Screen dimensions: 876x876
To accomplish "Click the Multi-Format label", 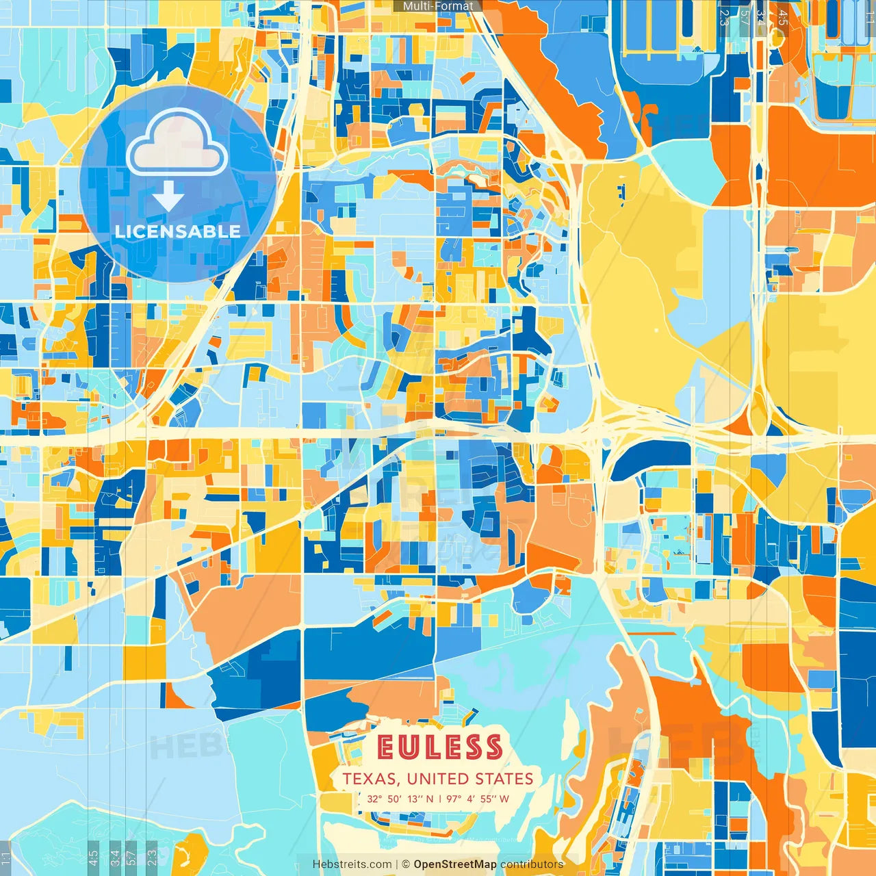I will click(438, 6).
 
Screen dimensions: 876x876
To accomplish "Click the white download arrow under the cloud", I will click(168, 196).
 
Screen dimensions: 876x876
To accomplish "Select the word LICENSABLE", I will click(178, 231).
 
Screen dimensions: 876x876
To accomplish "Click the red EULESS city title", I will click(439, 748).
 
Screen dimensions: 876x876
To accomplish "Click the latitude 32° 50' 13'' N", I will click(400, 799).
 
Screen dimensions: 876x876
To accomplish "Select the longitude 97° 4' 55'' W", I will click(478, 799).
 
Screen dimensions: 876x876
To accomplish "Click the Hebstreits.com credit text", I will click(352, 864).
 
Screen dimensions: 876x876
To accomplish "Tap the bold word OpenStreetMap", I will click(455, 864).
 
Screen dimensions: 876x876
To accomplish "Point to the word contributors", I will click(532, 864).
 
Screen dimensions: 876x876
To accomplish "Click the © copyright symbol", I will click(405, 864).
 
